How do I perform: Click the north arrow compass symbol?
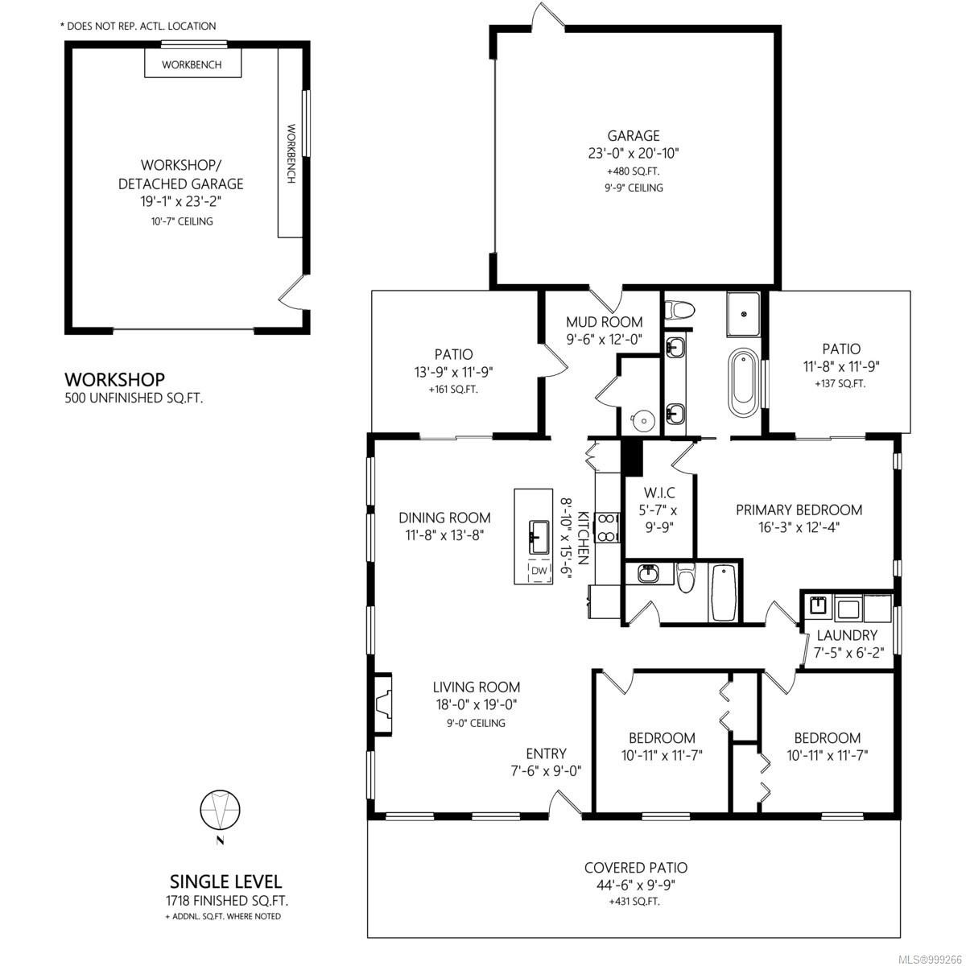click(x=220, y=810)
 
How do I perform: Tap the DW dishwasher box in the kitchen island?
click(x=539, y=571)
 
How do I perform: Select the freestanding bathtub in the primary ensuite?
click(x=742, y=382)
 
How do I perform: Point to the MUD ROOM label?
click(x=604, y=323)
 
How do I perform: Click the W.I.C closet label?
click(x=659, y=493)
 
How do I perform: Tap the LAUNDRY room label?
click(x=846, y=635)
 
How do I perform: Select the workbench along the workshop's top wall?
click(x=192, y=64)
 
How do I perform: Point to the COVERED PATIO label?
click(x=635, y=868)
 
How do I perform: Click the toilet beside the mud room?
click(x=679, y=310)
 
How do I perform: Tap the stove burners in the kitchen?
click(x=609, y=525)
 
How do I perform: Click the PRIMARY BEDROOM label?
click(x=799, y=510)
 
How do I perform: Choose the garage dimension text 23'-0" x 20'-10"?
click(x=634, y=153)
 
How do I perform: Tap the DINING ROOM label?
click(x=444, y=518)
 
